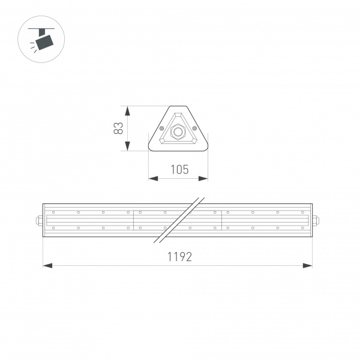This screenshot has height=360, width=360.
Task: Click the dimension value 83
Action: point(118,128)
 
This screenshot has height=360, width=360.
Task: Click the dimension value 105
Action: point(179,170)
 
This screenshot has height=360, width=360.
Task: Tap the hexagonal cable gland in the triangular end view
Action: point(178,131)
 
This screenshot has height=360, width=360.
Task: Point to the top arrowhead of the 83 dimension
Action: point(127,109)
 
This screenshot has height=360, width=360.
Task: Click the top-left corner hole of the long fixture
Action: point(53,212)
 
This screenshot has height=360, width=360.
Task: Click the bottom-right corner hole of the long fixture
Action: point(302,228)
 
